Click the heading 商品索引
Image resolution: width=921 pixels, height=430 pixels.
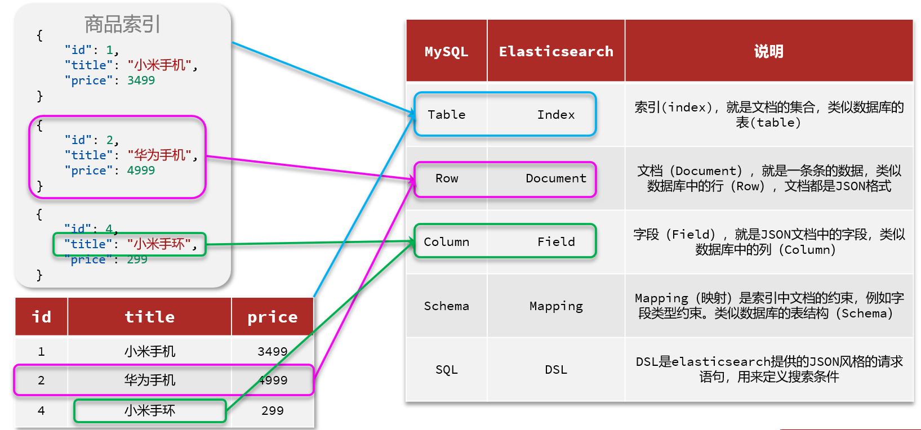pos(122,24)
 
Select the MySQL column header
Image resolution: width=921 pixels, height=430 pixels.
pos(447,51)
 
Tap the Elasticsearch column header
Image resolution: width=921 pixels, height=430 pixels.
pos(556,51)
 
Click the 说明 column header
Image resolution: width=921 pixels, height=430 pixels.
pos(768,51)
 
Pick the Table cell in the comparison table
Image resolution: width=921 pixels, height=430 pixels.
pos(447,115)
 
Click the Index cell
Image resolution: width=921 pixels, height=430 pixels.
pos(556,115)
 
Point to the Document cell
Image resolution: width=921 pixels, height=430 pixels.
pos(556,178)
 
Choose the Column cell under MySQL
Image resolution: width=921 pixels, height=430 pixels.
pos(447,242)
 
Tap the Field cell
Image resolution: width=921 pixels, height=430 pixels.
pos(556,242)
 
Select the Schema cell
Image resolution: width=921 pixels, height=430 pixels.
pos(447,306)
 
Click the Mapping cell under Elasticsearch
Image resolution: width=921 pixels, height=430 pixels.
pos(556,306)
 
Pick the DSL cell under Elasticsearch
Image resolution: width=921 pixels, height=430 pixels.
pos(556,370)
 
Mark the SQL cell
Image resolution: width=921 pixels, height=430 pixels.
pos(447,370)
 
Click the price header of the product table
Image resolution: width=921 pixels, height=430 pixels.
pos(272,317)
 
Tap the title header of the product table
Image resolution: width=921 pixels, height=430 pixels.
pos(150,317)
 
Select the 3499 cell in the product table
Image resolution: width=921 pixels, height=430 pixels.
pos(272,352)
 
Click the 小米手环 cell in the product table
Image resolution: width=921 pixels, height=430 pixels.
pos(150,410)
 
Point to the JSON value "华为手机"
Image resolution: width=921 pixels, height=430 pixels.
pos(159,155)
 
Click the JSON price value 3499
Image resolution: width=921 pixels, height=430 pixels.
pos(141,80)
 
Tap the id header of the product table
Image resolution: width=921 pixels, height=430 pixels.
pos(42,317)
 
